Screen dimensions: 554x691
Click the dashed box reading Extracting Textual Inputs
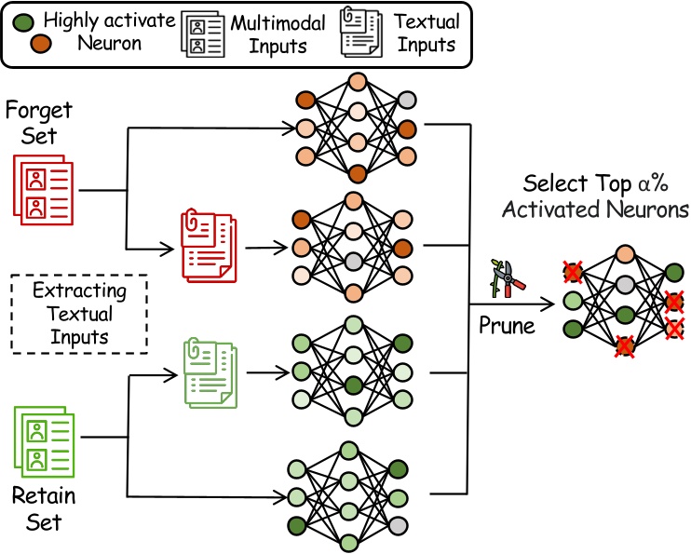pos(79,314)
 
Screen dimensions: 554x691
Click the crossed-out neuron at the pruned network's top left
pos(573,273)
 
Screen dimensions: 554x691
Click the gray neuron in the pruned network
pos(626,283)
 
